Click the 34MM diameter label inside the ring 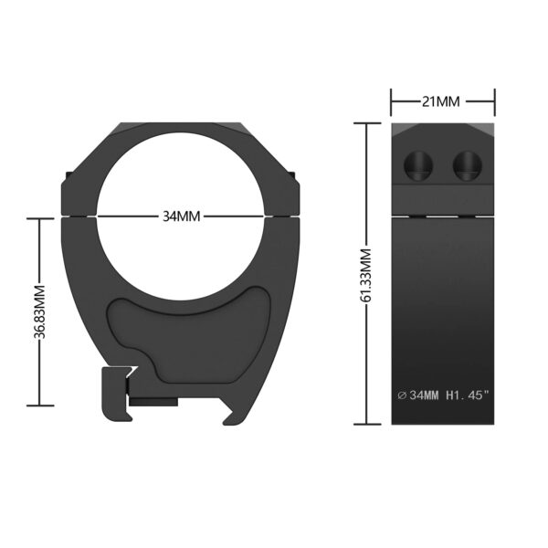tap(182, 216)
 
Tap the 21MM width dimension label tap(441, 101)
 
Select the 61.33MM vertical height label tap(366, 276)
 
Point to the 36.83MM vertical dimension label tap(39, 312)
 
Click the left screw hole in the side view tap(418, 165)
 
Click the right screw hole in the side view tap(468, 165)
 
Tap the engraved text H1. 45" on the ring tap(468, 395)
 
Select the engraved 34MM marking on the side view tap(424, 395)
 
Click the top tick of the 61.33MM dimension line tap(367, 123)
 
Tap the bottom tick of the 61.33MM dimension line tap(367, 425)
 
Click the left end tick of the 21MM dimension tap(391, 102)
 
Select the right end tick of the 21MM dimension tap(494, 102)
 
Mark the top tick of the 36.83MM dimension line tap(40, 218)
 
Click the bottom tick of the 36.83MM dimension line tap(40, 406)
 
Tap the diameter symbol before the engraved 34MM tap(402, 395)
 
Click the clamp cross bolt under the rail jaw tap(153, 402)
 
